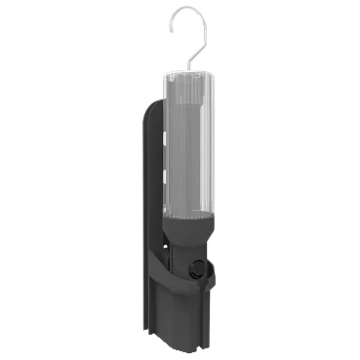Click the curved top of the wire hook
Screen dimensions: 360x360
pyautogui.click(x=193, y=10)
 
